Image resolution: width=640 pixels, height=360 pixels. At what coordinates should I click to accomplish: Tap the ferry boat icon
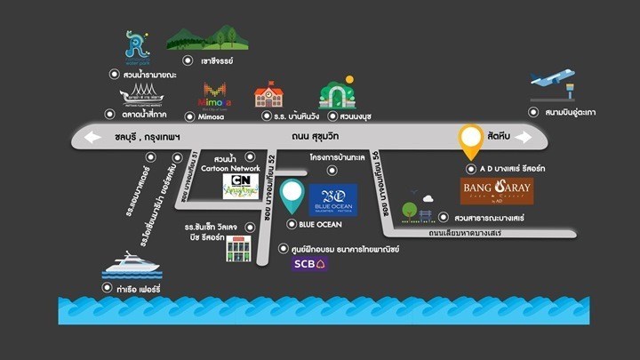coord(132,265)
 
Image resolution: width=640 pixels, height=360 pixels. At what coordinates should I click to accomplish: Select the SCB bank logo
coord(308,263)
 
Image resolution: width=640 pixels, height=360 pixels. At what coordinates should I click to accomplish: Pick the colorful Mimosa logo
coord(212,94)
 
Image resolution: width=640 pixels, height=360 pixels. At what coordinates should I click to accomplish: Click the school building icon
coord(268,94)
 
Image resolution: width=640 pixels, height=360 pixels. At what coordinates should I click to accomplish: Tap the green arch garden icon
coord(337,94)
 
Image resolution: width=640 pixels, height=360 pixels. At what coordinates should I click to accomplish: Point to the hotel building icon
coord(234,246)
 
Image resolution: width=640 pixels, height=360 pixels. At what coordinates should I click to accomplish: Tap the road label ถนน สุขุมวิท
coord(318,137)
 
